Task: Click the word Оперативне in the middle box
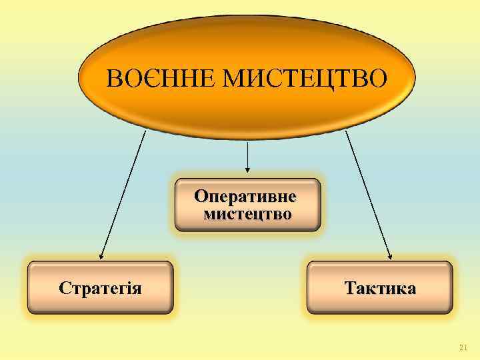point(247,198)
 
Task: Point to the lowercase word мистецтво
point(247,214)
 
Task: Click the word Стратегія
point(100,289)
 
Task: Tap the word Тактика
point(380,289)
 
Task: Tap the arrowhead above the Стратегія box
point(101,255)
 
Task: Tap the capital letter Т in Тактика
point(350,289)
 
